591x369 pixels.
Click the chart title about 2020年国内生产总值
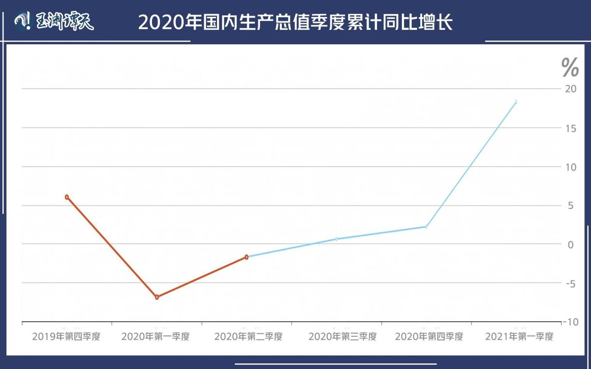[x=295, y=22]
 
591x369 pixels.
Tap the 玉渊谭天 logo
[x=54, y=21]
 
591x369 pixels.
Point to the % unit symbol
[x=570, y=67]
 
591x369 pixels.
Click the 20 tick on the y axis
[x=571, y=89]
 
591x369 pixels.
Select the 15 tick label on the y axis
[x=571, y=128]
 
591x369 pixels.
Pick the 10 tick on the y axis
[x=571, y=167]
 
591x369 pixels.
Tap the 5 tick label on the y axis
[x=571, y=205]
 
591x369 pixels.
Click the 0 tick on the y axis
[x=571, y=244]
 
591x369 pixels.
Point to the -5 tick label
[x=570, y=284]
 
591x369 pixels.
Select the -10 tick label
[x=570, y=322]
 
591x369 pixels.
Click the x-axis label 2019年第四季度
[x=66, y=337]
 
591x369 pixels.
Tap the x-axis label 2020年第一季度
[x=155, y=337]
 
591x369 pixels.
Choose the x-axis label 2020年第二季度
[x=248, y=337]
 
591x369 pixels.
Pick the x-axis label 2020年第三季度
[x=342, y=337]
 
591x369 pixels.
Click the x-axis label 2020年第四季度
[x=429, y=337]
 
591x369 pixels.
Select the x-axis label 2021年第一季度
[x=519, y=337]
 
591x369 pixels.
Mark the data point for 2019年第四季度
[x=67, y=197]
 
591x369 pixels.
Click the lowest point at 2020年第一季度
[x=157, y=297]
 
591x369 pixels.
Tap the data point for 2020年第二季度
[x=247, y=257]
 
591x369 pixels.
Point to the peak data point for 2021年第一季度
[x=516, y=102]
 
